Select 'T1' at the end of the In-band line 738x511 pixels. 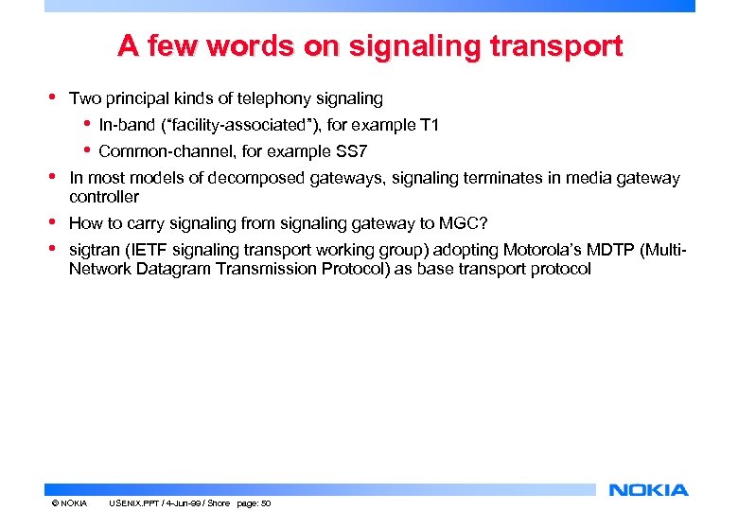(x=429, y=126)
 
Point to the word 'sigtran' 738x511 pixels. (x=94, y=251)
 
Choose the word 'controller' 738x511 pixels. (x=104, y=197)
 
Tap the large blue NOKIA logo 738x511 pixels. (x=649, y=490)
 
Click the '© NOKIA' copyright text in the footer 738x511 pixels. (x=69, y=503)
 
